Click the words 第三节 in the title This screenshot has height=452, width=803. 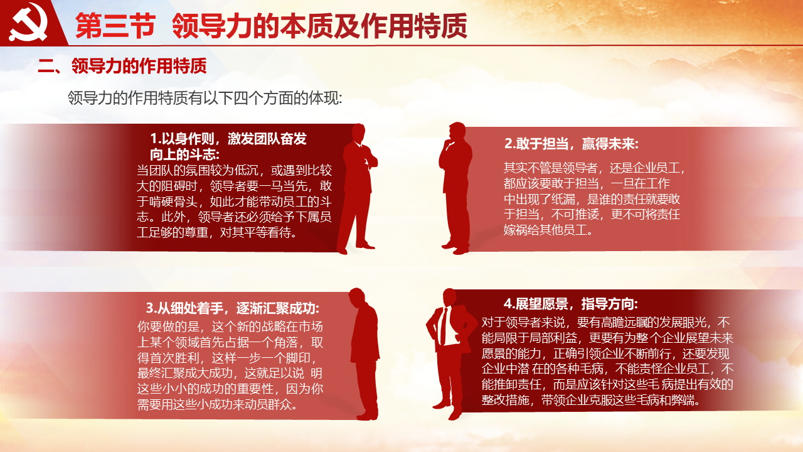point(115,26)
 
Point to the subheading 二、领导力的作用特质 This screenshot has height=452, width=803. point(122,66)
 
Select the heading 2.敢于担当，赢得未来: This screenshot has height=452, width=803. point(571,144)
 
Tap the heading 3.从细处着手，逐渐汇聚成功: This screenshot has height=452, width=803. point(232,308)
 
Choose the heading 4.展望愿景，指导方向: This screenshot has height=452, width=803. point(571,304)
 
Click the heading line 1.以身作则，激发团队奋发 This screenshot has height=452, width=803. point(228,139)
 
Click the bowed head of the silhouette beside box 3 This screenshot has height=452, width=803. point(358,298)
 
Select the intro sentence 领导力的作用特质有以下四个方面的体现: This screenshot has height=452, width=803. point(205,98)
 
